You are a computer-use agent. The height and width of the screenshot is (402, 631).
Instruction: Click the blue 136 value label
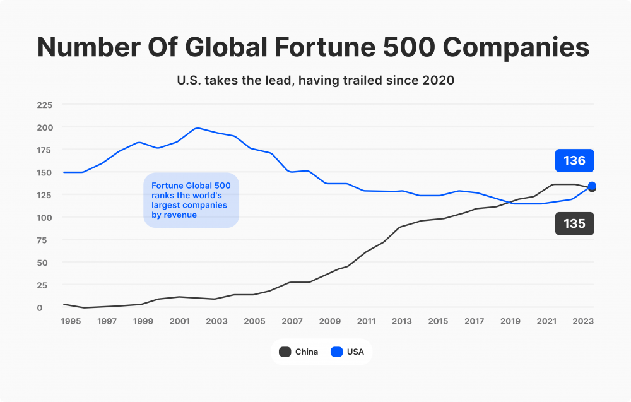pyautogui.click(x=574, y=161)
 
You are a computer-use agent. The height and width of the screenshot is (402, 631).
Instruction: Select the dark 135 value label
pyautogui.click(x=574, y=223)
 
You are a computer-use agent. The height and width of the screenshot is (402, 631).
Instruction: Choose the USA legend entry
pyautogui.click(x=348, y=352)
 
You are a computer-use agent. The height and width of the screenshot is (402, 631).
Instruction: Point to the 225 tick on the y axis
pyautogui.click(x=44, y=105)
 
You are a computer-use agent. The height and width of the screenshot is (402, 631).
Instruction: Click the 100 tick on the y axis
pyautogui.click(x=44, y=217)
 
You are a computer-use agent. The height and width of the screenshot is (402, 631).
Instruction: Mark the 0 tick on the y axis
pyautogui.click(x=39, y=307)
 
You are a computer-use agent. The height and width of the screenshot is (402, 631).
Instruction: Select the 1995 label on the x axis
pyautogui.click(x=71, y=322)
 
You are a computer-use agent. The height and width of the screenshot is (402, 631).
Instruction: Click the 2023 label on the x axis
pyautogui.click(x=584, y=322)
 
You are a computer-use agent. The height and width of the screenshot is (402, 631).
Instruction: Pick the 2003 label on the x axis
pyautogui.click(x=217, y=322)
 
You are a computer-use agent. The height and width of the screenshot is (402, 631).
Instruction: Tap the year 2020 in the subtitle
pyautogui.click(x=439, y=80)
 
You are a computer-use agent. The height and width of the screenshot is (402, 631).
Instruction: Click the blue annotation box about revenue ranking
pyautogui.click(x=191, y=200)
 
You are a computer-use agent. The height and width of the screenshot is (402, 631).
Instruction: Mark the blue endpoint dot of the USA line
pyautogui.click(x=592, y=186)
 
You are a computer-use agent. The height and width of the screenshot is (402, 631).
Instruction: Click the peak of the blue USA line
pyautogui.click(x=198, y=128)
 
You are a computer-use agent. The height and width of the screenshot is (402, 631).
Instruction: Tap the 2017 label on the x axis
pyautogui.click(x=474, y=322)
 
